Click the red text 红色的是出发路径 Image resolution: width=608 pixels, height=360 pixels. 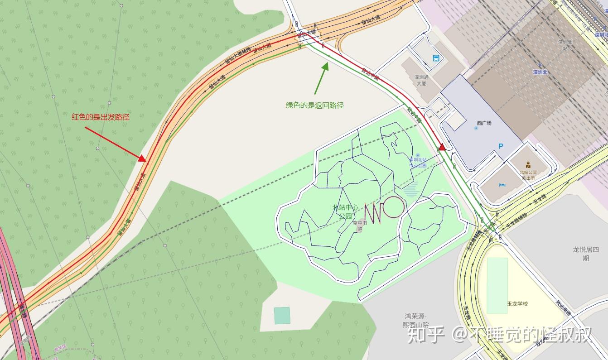pyautogui.click(x=101, y=117)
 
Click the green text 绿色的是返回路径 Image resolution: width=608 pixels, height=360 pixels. pyautogui.click(x=314, y=106)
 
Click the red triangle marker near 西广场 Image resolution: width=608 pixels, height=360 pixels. pyautogui.click(x=442, y=147)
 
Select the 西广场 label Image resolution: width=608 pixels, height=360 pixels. pyautogui.click(x=484, y=123)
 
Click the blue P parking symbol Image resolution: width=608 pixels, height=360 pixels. pyautogui.click(x=501, y=146)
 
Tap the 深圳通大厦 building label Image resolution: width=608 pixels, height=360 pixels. pyautogui.click(x=420, y=80)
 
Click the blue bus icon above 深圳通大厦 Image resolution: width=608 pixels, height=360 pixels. pyautogui.click(x=436, y=58)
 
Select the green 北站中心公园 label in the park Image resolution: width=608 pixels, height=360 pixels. pyautogui.click(x=345, y=211)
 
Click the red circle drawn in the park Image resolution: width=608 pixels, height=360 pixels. pyautogui.click(x=393, y=207)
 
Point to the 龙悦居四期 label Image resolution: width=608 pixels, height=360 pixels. pyautogui.click(x=586, y=254)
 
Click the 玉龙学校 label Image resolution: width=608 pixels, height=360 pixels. pyautogui.click(x=517, y=304)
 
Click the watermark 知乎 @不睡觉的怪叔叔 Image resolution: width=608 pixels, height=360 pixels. pyautogui.click(x=499, y=336)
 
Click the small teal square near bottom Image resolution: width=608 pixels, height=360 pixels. pyautogui.click(x=282, y=316)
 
